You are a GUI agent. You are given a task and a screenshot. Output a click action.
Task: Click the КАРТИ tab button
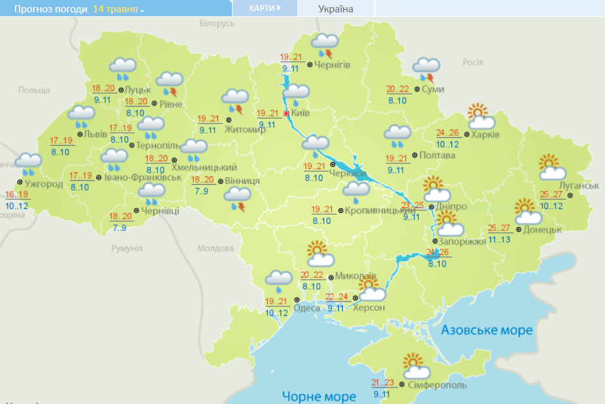(x=265, y=8)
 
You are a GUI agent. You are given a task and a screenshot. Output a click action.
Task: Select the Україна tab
(x=336, y=9)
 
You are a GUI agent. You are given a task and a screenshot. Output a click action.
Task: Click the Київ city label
(x=301, y=113)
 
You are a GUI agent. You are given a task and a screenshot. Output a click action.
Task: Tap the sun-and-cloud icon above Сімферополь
(x=416, y=367)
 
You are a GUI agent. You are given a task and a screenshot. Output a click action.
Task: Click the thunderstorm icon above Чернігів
(x=325, y=46)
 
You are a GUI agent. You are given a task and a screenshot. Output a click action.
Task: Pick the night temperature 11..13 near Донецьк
(x=500, y=240)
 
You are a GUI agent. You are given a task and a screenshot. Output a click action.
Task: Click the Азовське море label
(x=487, y=330)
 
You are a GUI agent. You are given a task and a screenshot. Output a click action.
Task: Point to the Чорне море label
(x=319, y=396)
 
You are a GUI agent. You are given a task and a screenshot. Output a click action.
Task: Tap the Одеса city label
(x=306, y=308)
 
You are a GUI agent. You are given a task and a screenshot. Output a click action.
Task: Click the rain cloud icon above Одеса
(x=278, y=280)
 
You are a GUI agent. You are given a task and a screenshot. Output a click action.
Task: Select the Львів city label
(x=96, y=134)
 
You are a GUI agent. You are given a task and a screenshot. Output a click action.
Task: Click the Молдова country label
(x=215, y=249)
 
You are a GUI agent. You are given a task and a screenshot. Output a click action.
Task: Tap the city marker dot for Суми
(x=416, y=89)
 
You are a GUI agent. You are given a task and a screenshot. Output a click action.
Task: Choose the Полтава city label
(x=437, y=155)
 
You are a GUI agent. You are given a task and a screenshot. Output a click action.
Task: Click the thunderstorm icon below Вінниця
(x=237, y=198)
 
